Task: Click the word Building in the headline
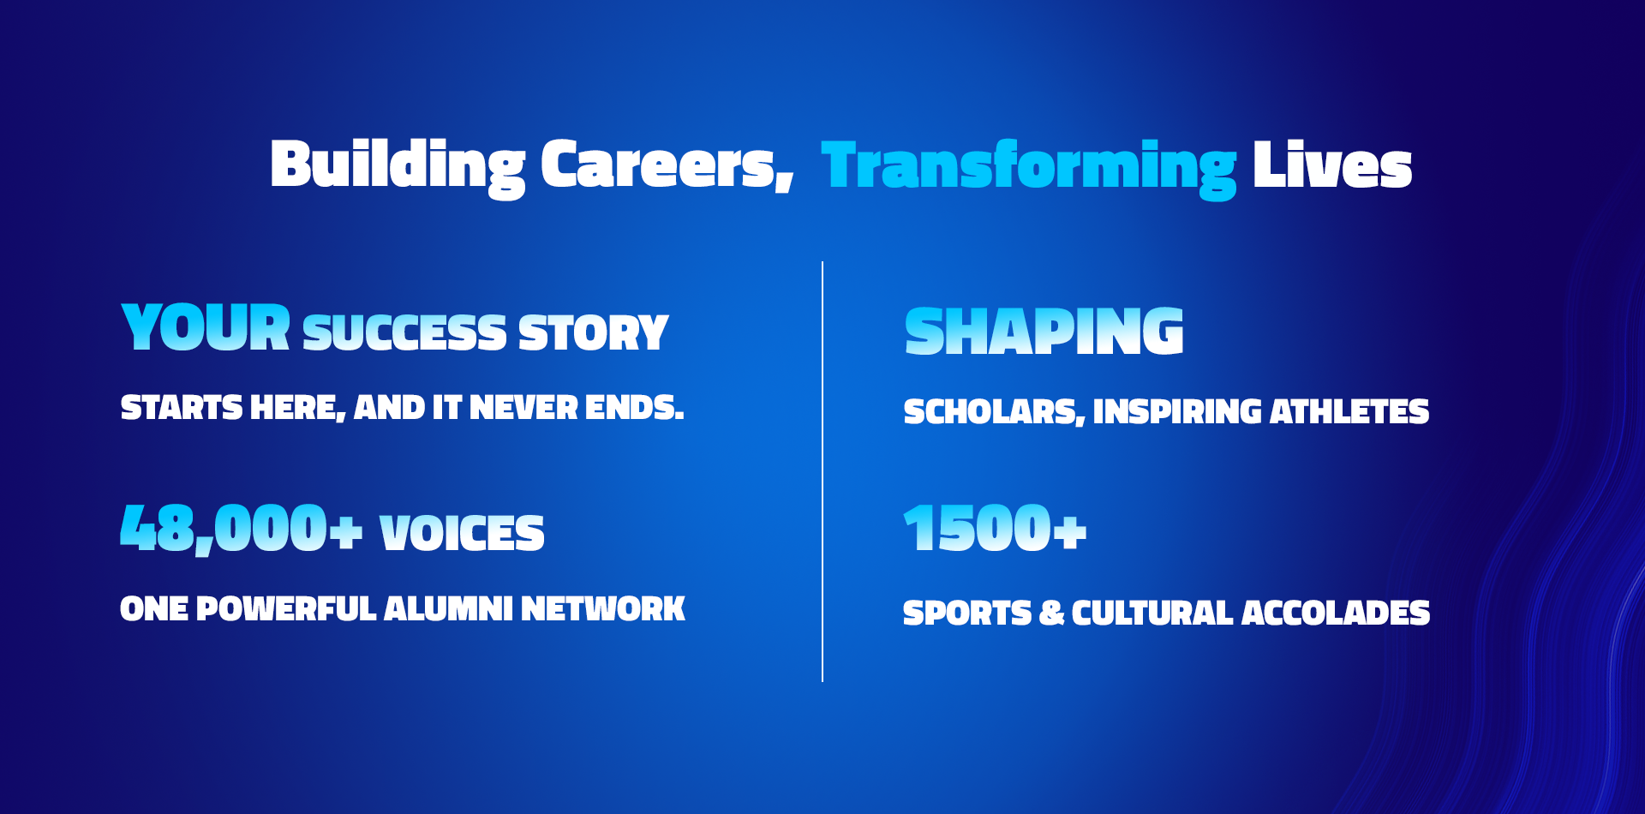coord(398,167)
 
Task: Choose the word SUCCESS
coord(404,332)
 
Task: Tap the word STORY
coord(593,332)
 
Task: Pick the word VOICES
coord(462,533)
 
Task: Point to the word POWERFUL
coord(286,609)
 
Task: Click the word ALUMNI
coord(448,609)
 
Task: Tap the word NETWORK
coord(603,609)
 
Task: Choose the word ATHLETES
coord(1349,412)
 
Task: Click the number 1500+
coord(996,528)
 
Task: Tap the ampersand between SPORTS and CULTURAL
coord(1051,613)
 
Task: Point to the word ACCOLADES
coord(1336,613)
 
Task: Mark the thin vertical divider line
coord(822,472)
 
